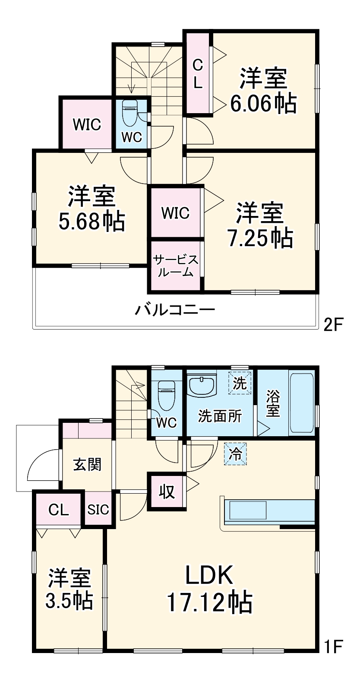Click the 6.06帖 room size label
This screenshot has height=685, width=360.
[x=263, y=104]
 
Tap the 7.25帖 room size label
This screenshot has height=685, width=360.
[x=260, y=238]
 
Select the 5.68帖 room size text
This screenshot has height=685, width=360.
[x=91, y=221]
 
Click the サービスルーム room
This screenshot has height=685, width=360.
[x=176, y=265]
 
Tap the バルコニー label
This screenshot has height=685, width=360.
[x=175, y=310]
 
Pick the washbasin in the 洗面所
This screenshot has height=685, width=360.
[x=202, y=385]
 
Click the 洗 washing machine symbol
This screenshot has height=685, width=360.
[x=240, y=383]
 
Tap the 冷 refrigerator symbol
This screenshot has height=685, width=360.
[x=236, y=454]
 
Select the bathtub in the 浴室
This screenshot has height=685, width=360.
[x=302, y=403]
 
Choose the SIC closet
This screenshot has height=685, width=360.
[x=98, y=509]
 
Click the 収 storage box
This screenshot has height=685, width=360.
[x=167, y=492]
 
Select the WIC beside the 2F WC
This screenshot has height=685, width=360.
[x=86, y=125]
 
